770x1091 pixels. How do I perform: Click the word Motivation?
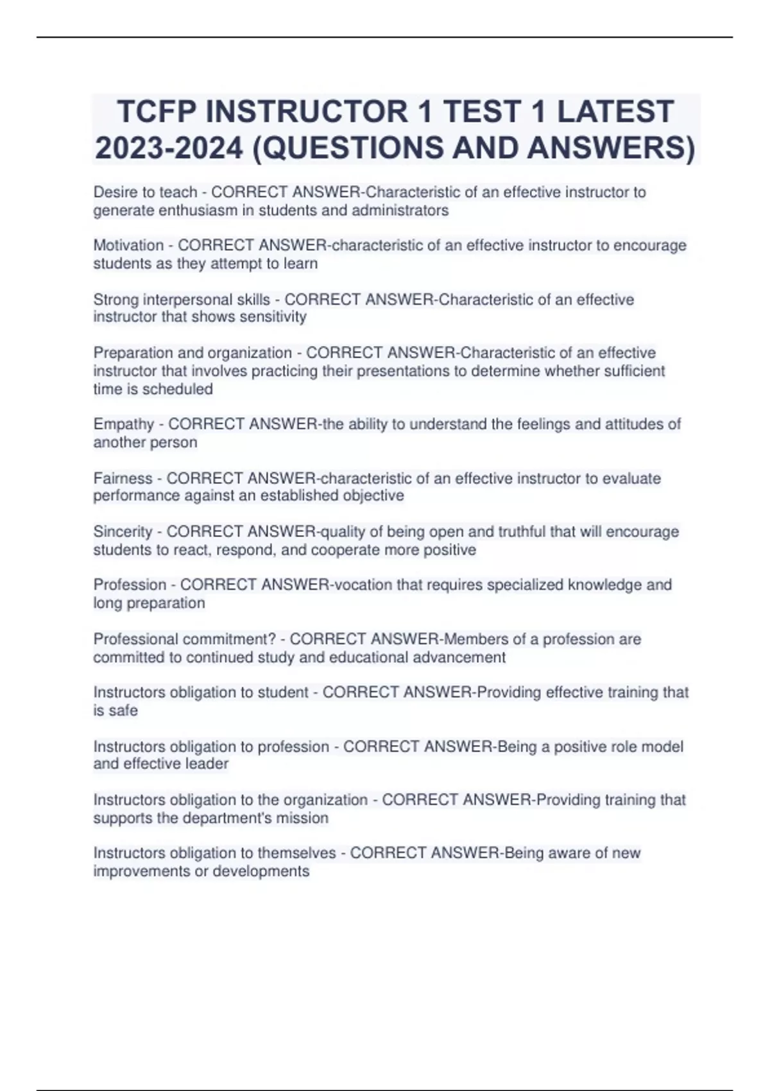pos(128,245)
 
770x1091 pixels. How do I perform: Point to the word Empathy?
pos(124,424)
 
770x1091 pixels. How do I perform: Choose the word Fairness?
pos(123,478)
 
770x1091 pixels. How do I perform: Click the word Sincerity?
pos(123,531)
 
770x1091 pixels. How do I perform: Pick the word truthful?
pos(519,531)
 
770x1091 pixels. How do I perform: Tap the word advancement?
pos(459,657)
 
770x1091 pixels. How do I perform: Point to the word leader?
pos(207,764)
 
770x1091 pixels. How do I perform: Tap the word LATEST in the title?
pos(615,112)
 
